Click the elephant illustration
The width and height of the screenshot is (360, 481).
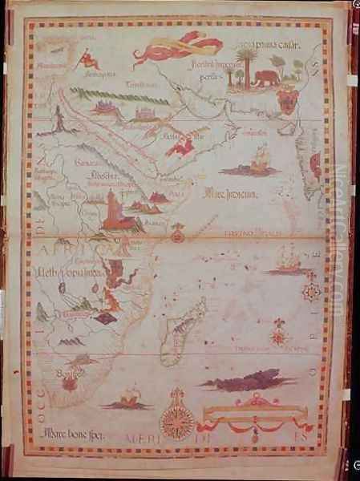pyautogui.click(x=265, y=78)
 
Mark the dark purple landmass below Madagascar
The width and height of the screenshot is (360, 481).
pyautogui.click(x=243, y=378)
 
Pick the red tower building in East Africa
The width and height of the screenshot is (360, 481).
pyautogui.click(x=112, y=212)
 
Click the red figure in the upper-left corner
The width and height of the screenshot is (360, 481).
pyautogui.click(x=87, y=58)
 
